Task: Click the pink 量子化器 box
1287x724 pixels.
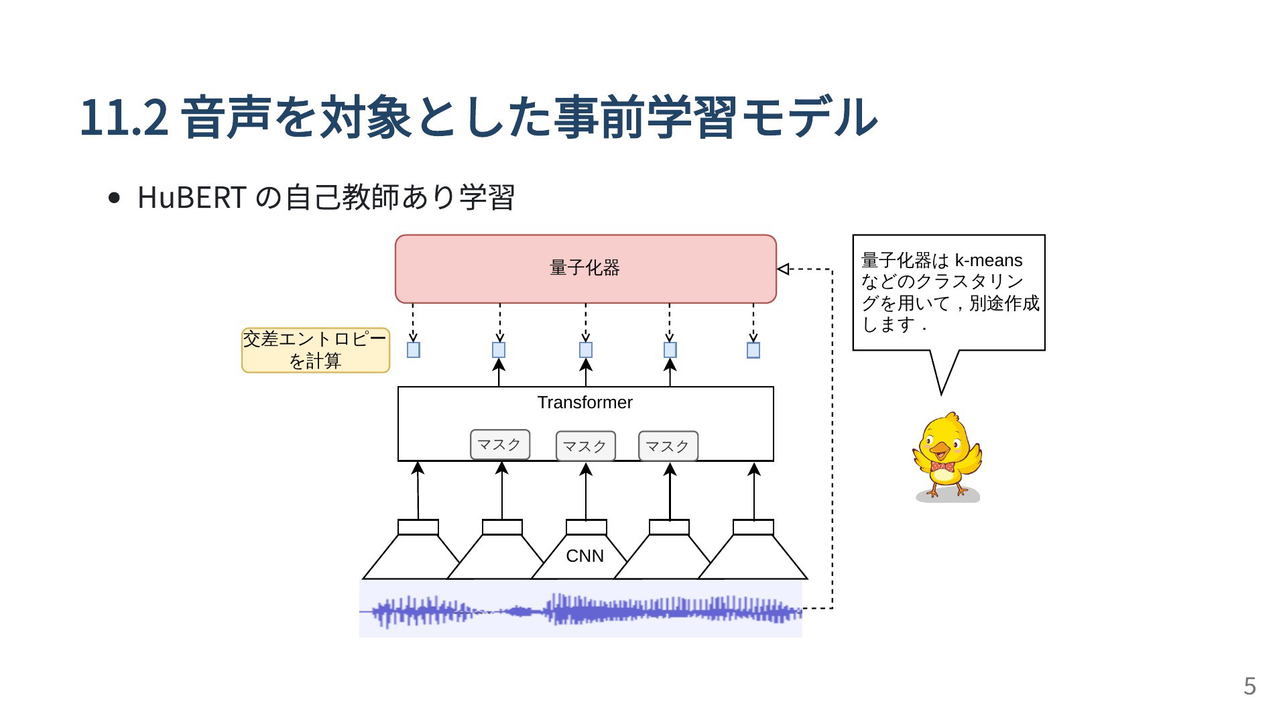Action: pyautogui.click(x=585, y=269)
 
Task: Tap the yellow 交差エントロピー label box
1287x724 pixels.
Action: pyautogui.click(x=316, y=350)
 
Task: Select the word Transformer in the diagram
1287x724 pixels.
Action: pyautogui.click(x=585, y=402)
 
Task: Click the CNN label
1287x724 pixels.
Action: pyautogui.click(x=585, y=556)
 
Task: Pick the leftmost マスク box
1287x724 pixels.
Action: pyautogui.click(x=500, y=444)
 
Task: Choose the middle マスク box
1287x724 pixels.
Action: pyautogui.click(x=585, y=446)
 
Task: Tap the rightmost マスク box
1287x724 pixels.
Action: pyautogui.click(x=668, y=446)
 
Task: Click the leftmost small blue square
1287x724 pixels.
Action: pyautogui.click(x=414, y=350)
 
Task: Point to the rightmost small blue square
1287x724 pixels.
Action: pyautogui.click(x=753, y=350)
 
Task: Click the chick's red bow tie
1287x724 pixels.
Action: pyautogui.click(x=942, y=467)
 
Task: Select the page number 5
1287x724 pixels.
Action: pyautogui.click(x=1249, y=686)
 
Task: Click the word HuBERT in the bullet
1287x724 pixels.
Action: pyautogui.click(x=192, y=197)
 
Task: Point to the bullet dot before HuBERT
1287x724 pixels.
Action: pyautogui.click(x=114, y=198)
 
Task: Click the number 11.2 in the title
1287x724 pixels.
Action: pyautogui.click(x=124, y=117)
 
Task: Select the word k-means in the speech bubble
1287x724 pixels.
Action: pyautogui.click(x=989, y=260)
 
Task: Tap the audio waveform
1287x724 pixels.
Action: pyautogui.click(x=580, y=609)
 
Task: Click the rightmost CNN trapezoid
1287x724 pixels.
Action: pyautogui.click(x=753, y=550)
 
